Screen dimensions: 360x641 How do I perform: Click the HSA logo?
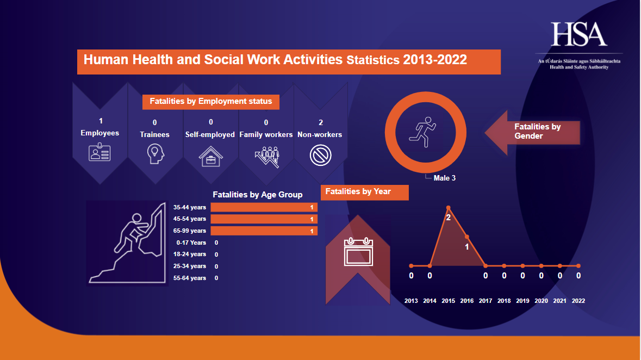point(579,35)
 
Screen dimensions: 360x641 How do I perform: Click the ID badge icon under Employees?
point(99,152)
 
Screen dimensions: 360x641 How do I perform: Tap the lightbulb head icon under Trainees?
point(155,154)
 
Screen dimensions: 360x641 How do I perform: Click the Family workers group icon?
point(266,156)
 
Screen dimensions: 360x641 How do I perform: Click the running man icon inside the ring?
point(425,132)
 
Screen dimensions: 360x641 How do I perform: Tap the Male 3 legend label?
point(444,178)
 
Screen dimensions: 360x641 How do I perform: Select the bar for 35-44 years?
point(264,207)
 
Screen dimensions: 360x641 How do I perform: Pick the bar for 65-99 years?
point(264,231)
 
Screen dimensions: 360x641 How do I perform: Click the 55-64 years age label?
point(190,278)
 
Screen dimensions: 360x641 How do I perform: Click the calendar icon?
point(358,252)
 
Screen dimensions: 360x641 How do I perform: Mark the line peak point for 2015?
point(449,208)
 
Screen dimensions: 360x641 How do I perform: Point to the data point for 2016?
point(467,237)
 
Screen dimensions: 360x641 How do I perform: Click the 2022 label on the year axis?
point(578,301)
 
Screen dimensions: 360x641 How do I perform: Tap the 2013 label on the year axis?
point(411,301)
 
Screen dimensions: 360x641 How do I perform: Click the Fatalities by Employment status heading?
point(211,101)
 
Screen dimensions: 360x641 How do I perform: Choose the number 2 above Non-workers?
point(320,122)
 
